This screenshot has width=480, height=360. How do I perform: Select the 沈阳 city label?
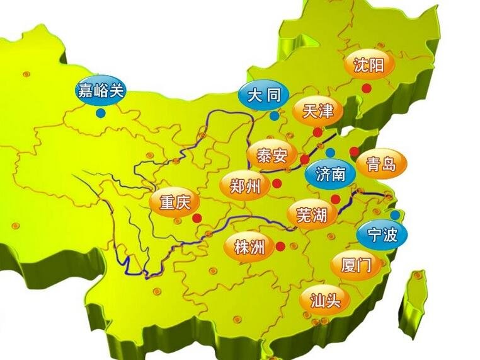[369, 65]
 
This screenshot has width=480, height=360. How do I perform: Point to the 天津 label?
[317, 112]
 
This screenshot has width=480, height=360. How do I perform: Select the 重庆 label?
[174, 203]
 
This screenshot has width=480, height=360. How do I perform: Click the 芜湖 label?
[311, 216]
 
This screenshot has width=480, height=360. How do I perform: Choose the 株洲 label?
[249, 247]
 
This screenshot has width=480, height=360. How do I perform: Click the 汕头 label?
[326, 299]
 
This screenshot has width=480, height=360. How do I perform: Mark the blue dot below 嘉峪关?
[101, 113]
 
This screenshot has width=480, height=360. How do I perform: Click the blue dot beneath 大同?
[274, 116]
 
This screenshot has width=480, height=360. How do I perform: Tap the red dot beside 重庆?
[197, 218]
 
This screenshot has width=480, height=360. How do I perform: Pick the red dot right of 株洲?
[280, 247]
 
